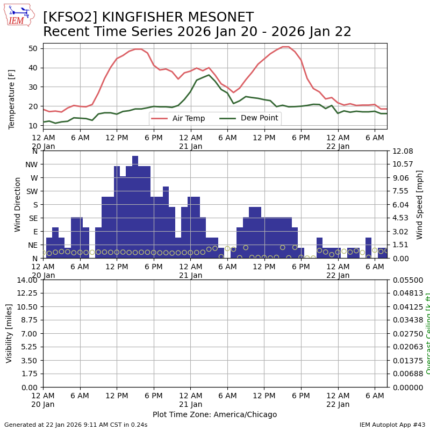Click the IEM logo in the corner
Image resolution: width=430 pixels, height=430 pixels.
coord(19,15)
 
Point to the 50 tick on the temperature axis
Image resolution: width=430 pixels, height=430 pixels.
coord(33,48)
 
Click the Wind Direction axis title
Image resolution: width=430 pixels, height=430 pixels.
coord(18,204)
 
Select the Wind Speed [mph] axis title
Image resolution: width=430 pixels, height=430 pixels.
coord(420,204)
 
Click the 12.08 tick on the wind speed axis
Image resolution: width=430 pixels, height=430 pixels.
coord(402,151)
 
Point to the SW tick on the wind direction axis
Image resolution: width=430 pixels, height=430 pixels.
coord(32,191)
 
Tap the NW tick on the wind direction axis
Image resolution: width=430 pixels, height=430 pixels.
coord(31,164)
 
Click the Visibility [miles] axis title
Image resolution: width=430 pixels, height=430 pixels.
coord(9,333)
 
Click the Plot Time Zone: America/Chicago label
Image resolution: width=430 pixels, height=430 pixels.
coord(214,414)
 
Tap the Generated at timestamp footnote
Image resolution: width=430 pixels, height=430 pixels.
coord(76,425)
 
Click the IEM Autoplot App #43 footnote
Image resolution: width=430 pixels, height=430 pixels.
coord(392,425)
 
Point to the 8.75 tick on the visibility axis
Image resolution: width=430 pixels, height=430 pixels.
coord(29,320)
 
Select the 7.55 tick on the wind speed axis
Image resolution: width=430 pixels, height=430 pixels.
coord(399,191)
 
